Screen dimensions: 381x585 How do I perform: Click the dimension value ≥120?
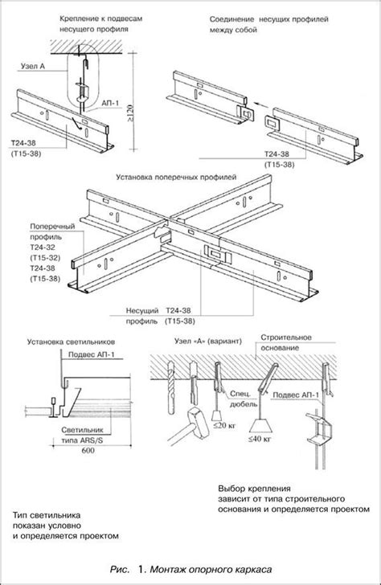point(130,112)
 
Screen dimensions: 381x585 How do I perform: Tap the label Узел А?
point(33,67)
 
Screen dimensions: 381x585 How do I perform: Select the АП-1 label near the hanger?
point(111,103)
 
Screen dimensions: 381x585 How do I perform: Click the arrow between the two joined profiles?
point(262,105)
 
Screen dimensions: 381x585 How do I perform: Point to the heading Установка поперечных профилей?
point(176,177)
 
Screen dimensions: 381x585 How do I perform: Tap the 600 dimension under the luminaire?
point(88,451)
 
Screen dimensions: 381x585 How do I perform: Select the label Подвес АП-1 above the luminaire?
point(92,354)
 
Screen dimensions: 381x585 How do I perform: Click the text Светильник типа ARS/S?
point(82,436)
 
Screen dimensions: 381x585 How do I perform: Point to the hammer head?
point(199,421)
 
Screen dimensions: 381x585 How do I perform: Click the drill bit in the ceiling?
point(171,387)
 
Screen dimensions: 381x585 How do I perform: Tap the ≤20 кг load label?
point(224,425)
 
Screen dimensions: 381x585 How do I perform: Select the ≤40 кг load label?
point(260,439)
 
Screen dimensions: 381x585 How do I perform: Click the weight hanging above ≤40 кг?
point(260,425)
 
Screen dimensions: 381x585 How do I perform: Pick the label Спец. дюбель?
point(244,399)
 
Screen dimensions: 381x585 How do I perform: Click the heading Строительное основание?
point(286,342)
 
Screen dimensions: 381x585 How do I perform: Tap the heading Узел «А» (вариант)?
point(208,342)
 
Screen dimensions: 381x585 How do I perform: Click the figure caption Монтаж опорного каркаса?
point(211,570)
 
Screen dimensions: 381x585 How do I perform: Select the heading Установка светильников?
point(71,342)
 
